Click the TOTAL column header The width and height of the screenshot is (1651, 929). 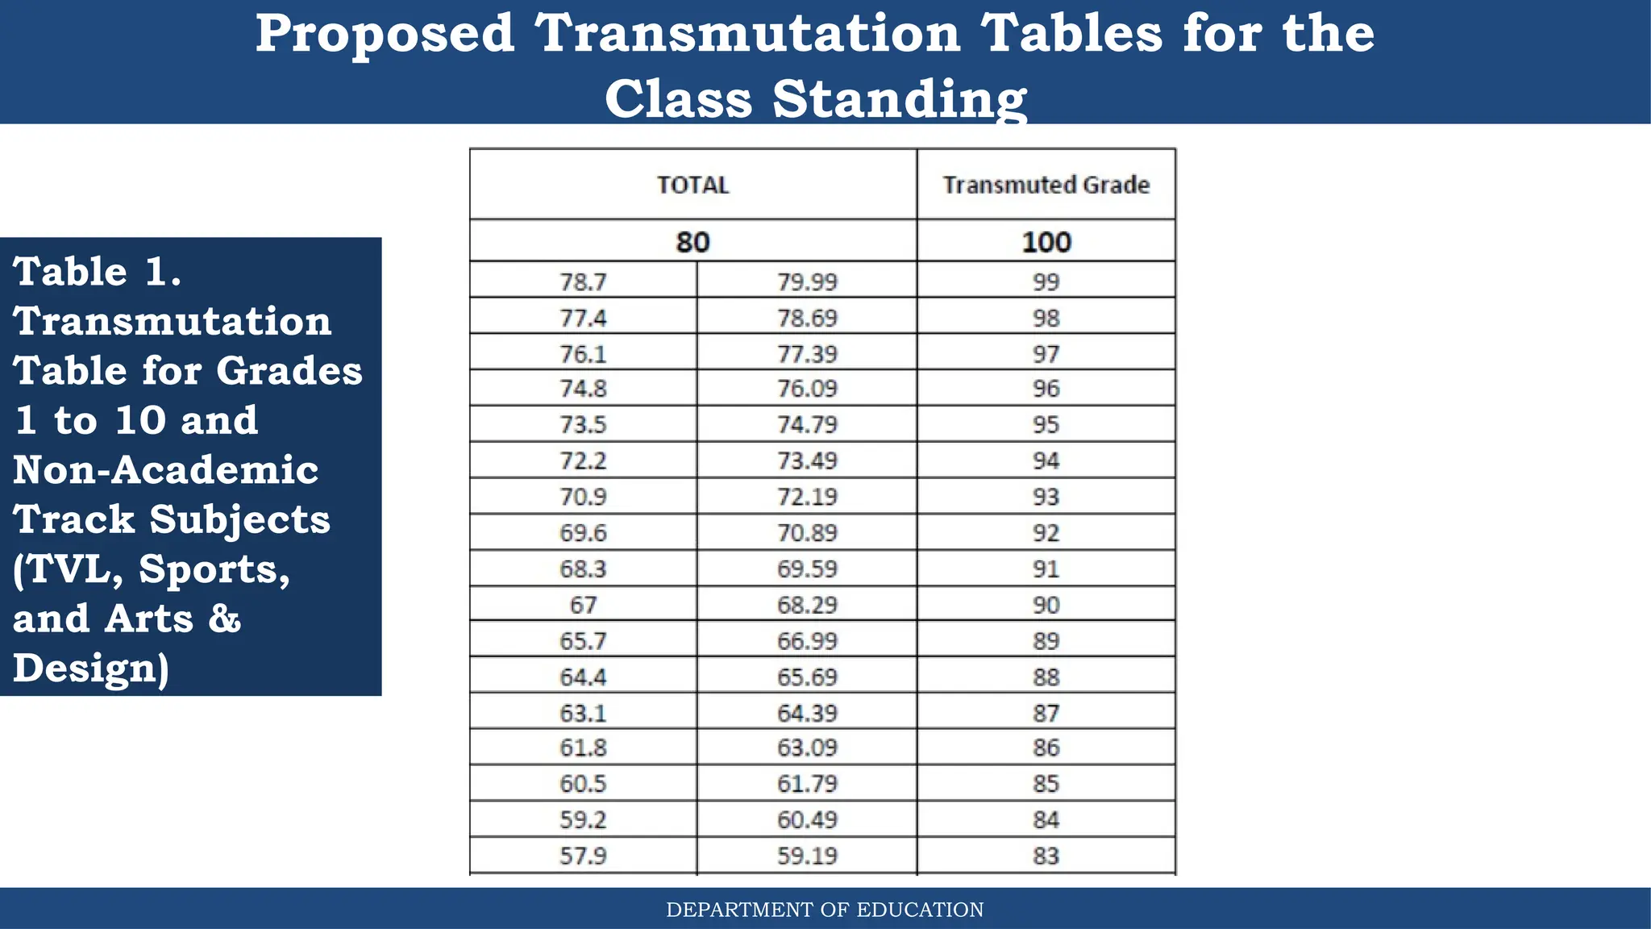click(x=692, y=185)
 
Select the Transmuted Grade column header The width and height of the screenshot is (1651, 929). click(x=1046, y=185)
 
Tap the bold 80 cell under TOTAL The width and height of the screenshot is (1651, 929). click(x=692, y=242)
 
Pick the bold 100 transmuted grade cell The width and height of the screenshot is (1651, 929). click(x=1046, y=242)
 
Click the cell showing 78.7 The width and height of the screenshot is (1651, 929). click(x=583, y=282)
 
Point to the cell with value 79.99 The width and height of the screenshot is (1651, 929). click(x=807, y=282)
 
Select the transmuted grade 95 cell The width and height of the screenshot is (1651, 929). click(x=1046, y=424)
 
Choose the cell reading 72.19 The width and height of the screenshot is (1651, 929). click(x=807, y=497)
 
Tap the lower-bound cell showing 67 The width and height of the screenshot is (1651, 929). click(x=583, y=605)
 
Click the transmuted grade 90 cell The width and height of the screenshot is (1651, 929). click(x=1046, y=605)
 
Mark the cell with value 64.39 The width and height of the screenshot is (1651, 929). click(x=807, y=713)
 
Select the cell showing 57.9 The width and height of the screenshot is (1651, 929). click(x=583, y=856)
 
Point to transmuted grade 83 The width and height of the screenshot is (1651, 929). click(x=1046, y=856)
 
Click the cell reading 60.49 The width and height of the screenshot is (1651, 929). click(x=807, y=819)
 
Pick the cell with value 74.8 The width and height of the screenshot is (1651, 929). click(x=583, y=389)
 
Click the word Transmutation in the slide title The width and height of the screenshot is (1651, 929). click(x=747, y=34)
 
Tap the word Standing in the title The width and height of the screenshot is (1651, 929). click(x=899, y=99)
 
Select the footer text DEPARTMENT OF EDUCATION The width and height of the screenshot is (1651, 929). click(x=825, y=910)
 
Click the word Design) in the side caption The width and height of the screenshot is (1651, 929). click(x=91, y=669)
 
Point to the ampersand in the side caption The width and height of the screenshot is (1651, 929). click(x=224, y=619)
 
